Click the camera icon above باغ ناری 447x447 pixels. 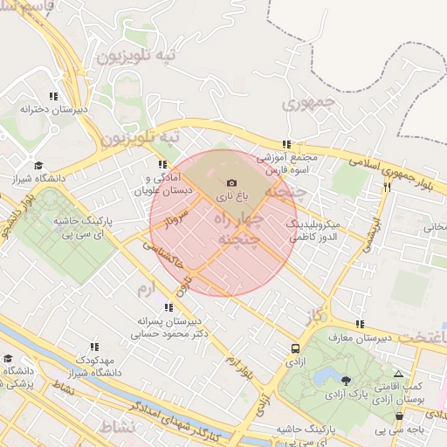231,183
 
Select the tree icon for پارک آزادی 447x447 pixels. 347,380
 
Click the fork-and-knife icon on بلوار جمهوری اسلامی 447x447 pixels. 386,187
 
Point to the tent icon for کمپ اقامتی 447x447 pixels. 399,373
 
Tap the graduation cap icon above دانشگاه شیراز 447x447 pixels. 38,165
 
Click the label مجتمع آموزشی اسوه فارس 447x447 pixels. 287,163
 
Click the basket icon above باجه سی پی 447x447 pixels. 399,416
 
